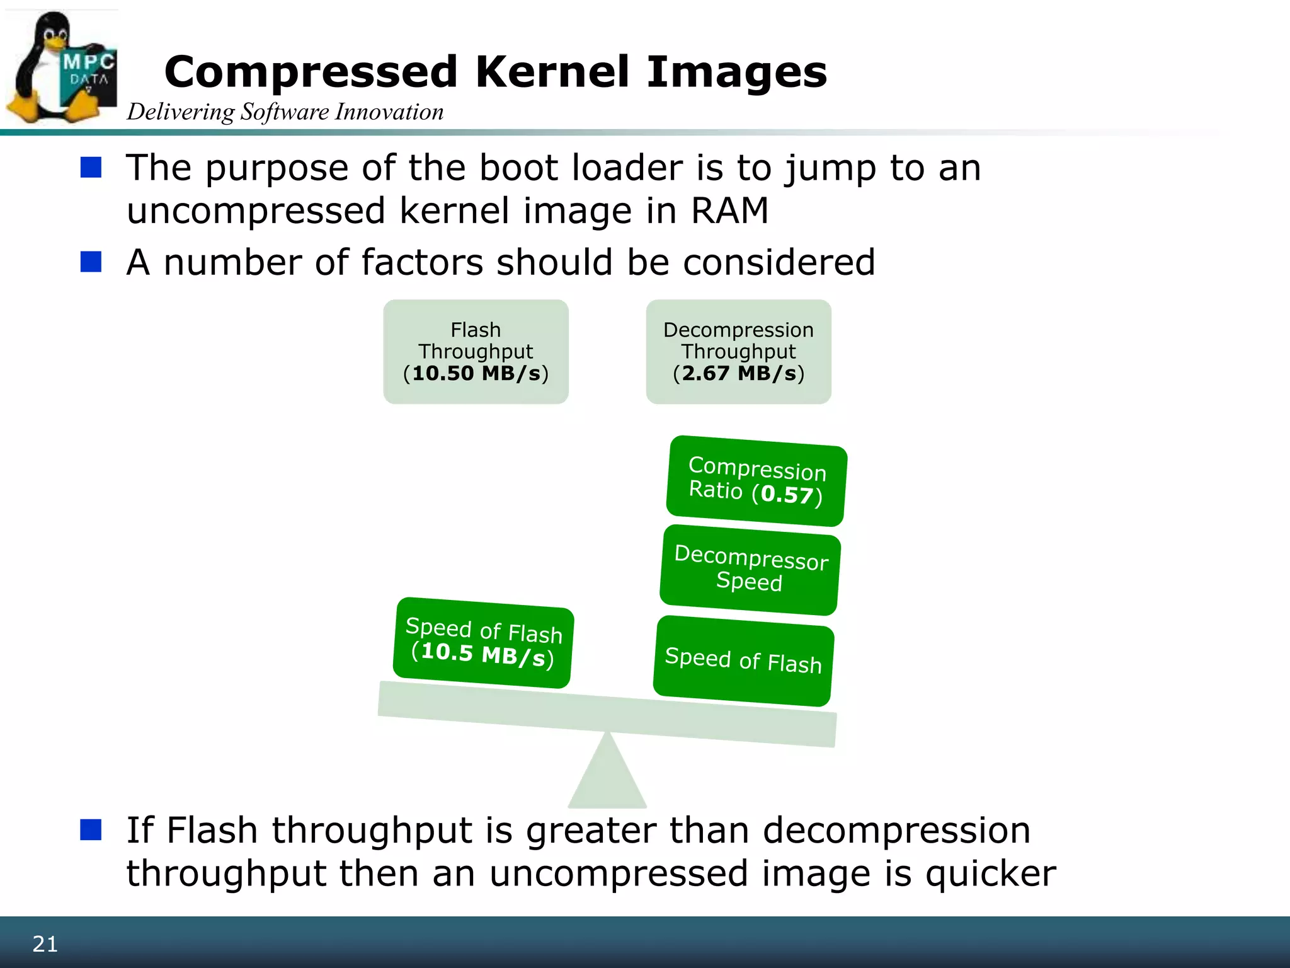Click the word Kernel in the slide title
tap(552, 72)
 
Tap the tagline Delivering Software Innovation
tap(285, 112)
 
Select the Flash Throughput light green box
tap(476, 351)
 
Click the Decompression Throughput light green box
tap(738, 351)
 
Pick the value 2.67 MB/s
tap(738, 373)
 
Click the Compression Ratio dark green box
tap(756, 481)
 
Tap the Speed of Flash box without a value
tap(743, 660)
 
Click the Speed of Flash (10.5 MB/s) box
tap(483, 642)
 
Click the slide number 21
tap(45, 944)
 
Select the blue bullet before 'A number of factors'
tap(91, 262)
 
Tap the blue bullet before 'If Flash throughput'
tap(91, 830)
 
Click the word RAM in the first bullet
tap(729, 210)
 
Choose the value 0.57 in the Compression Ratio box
tap(787, 495)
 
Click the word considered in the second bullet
tap(779, 262)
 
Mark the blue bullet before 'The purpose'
tap(91, 168)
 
